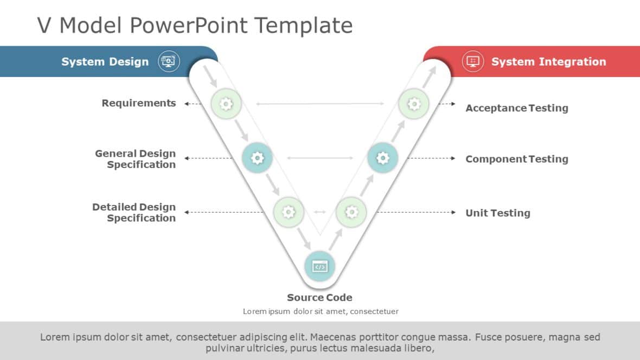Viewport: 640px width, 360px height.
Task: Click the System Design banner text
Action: (x=105, y=62)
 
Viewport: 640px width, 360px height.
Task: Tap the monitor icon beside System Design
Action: (x=169, y=61)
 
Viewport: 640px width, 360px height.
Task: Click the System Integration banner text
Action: (x=548, y=62)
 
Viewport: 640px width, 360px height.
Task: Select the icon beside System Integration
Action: (x=473, y=61)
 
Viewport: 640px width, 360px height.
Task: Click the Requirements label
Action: (x=139, y=103)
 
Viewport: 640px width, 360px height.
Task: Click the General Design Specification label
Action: (x=136, y=159)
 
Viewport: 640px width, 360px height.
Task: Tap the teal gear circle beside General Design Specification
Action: (x=257, y=158)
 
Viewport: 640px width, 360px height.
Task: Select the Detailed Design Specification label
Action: (x=134, y=213)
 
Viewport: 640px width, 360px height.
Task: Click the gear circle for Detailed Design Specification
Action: (x=289, y=212)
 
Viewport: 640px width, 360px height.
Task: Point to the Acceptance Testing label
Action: (x=516, y=108)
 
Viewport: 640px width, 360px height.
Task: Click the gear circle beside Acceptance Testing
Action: (x=414, y=103)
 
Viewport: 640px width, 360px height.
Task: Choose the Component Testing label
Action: (x=516, y=159)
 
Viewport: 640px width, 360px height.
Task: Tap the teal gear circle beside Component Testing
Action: (x=383, y=158)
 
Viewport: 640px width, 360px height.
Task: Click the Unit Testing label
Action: (x=497, y=213)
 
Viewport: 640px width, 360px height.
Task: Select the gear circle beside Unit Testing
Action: (x=351, y=212)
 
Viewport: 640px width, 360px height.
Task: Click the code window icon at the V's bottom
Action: (x=320, y=266)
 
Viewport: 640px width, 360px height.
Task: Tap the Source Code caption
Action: (x=319, y=297)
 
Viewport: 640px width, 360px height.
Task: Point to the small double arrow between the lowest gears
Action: (x=320, y=212)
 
